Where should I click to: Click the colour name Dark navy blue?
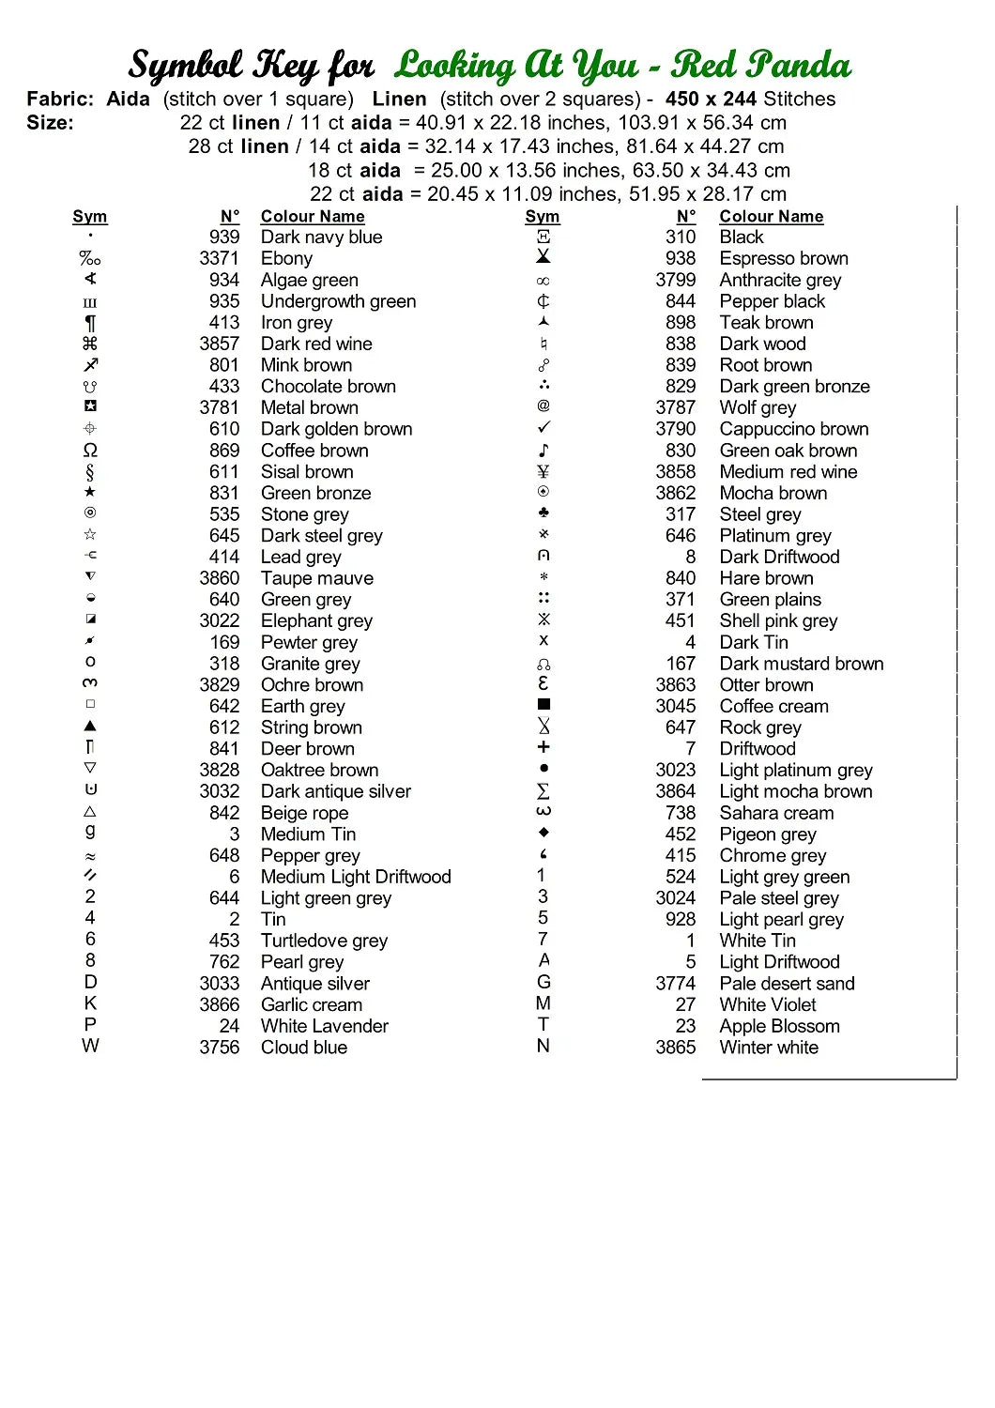321,237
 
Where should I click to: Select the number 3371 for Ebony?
219,259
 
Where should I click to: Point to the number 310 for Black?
681,237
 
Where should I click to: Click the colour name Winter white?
769,1048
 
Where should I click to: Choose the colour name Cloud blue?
304,1048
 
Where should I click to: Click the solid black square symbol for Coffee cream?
543,704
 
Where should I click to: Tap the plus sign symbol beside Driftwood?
543,747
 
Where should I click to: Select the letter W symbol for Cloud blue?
90,1046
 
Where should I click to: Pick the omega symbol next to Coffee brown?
90,451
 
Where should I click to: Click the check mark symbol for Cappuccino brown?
543,428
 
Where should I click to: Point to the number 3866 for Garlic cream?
219,1004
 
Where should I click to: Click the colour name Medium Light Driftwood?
356,877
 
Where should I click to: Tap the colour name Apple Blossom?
779,1026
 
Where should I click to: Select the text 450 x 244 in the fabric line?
711,99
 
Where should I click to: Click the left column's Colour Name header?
313,217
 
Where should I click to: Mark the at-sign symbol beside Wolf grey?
543,406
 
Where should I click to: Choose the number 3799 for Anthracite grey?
676,280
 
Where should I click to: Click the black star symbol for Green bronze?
90,492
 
